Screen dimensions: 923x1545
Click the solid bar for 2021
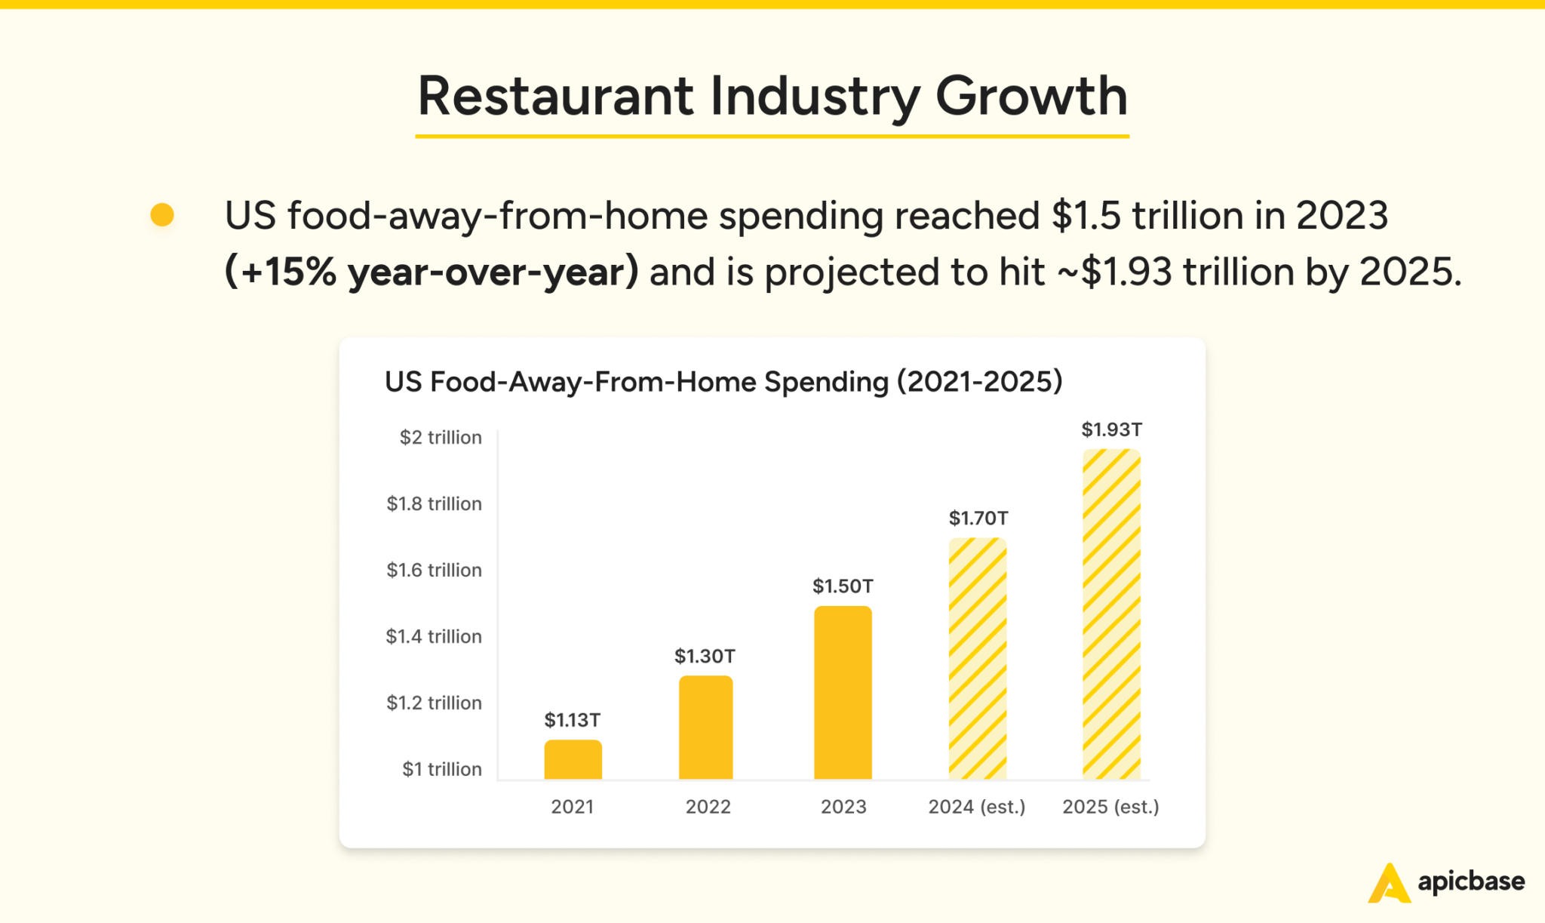click(x=573, y=759)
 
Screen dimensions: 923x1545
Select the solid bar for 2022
click(x=705, y=728)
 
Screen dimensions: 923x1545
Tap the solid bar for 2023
click(x=843, y=693)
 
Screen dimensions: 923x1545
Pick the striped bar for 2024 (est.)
click(x=977, y=658)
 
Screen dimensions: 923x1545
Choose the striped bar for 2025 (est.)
click(x=1111, y=614)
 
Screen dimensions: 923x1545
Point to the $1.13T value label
click(x=573, y=720)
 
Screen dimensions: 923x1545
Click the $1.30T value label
click(x=705, y=656)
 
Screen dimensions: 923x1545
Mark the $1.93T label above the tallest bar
click(x=1111, y=429)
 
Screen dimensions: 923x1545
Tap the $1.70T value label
click(x=978, y=518)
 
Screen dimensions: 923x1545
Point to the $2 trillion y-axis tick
click(x=441, y=437)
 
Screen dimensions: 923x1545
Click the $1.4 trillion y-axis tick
click(x=434, y=636)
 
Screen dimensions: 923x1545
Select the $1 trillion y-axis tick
click(x=441, y=769)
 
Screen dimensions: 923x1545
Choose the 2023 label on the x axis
click(x=843, y=807)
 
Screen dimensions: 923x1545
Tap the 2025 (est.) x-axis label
click(x=1110, y=807)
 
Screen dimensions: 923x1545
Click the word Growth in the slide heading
click(x=1031, y=97)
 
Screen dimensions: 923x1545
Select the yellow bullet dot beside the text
click(x=162, y=215)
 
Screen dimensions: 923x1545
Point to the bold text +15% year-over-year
click(x=432, y=272)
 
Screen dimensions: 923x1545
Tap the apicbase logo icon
click(x=1389, y=882)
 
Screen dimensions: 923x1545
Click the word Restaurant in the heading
click(x=555, y=97)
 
